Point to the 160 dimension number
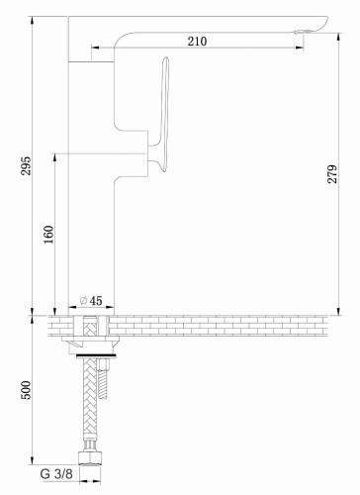[x=48, y=237]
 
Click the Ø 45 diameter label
[x=90, y=300]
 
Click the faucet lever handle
[x=161, y=114]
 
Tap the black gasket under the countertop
[x=96, y=349]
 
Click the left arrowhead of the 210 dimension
[x=92, y=47]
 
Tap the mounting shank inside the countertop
[x=96, y=327]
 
